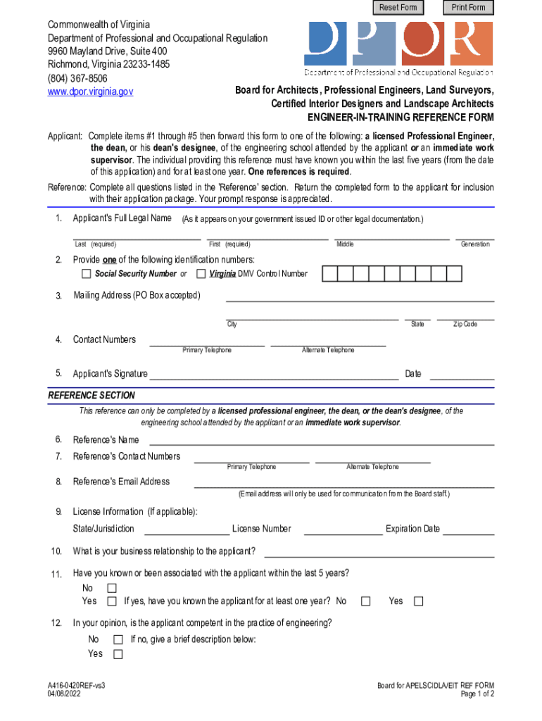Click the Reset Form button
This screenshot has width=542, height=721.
coord(398,8)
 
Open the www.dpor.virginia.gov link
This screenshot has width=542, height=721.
coord(90,92)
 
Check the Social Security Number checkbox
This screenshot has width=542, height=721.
coord(87,273)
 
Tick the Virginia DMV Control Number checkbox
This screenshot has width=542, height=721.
coord(201,273)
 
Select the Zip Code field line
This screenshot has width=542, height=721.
coord(465,316)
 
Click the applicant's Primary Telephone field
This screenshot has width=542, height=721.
coord(207,342)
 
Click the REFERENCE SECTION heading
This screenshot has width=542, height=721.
coord(92,396)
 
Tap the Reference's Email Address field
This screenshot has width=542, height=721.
coord(344,483)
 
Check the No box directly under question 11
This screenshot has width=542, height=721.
coord(111,588)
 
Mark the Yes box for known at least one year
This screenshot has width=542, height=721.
coord(419,601)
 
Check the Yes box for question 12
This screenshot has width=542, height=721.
coord(118,654)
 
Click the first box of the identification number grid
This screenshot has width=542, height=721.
coord(329,273)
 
